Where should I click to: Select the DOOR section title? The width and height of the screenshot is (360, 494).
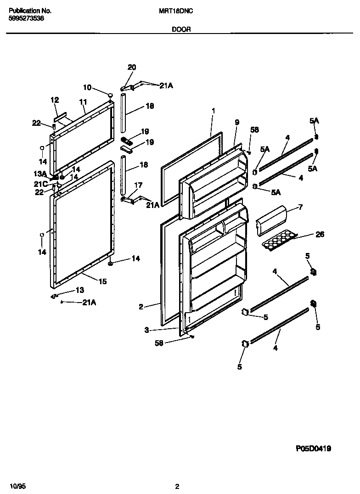click(x=181, y=29)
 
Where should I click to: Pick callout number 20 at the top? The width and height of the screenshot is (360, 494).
click(x=132, y=67)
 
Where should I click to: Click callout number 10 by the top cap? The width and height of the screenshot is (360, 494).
click(x=87, y=87)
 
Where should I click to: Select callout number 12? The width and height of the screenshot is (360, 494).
click(x=55, y=100)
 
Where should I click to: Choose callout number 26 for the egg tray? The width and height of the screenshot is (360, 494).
click(x=320, y=234)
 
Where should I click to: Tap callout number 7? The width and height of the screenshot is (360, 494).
click(x=300, y=207)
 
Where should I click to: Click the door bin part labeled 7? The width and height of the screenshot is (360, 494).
click(x=271, y=220)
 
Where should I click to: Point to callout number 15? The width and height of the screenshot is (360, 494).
click(x=102, y=281)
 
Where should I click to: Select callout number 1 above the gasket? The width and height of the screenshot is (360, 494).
click(x=214, y=111)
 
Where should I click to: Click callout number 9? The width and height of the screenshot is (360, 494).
click(x=237, y=122)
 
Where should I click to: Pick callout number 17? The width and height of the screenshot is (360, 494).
click(x=138, y=185)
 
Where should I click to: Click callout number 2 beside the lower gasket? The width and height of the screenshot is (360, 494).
click(x=141, y=307)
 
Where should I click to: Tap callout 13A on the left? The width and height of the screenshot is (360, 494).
click(x=40, y=174)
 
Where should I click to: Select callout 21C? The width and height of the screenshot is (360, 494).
click(x=40, y=184)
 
